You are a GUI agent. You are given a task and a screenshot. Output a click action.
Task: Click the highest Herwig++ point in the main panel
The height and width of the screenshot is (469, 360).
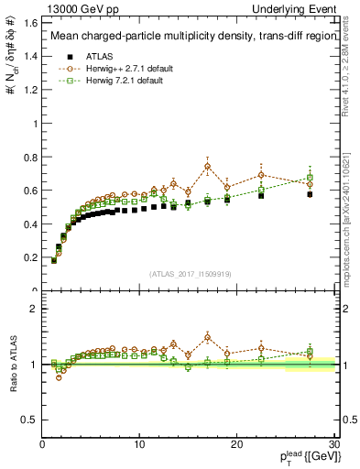[208, 166]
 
